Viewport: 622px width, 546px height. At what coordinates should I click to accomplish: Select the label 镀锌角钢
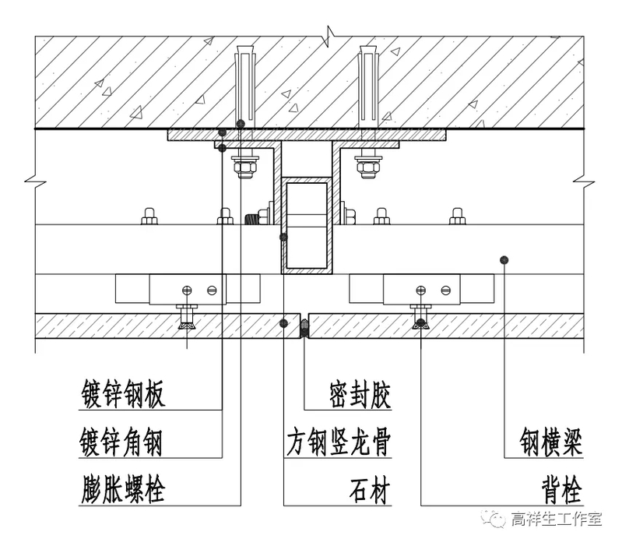pos(123,442)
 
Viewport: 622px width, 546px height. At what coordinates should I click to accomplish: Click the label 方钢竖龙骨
pos(336,442)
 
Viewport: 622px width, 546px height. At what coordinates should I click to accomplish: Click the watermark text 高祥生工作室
pos(557,520)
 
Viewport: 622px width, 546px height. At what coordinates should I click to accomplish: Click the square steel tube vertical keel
pos(305,226)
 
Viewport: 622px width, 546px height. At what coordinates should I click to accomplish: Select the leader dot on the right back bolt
pos(421,322)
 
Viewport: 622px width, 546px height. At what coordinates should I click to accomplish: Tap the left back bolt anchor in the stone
pos(186,319)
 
